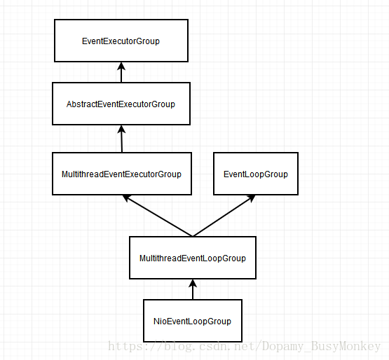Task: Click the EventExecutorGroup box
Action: [121, 41]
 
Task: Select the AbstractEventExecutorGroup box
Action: [121, 104]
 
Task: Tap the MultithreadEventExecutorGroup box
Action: [121, 174]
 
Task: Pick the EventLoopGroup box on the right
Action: [255, 174]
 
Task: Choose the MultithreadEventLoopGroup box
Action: [192, 258]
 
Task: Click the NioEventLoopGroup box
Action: [192, 321]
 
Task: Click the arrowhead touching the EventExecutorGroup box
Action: [121, 66]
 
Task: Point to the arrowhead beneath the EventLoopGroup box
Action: [251, 199]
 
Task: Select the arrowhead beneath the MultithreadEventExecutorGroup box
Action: [127, 199]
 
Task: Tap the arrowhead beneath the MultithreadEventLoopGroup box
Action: [193, 283]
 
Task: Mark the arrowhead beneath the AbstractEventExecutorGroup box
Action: [121, 130]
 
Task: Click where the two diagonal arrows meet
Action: [192, 236]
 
